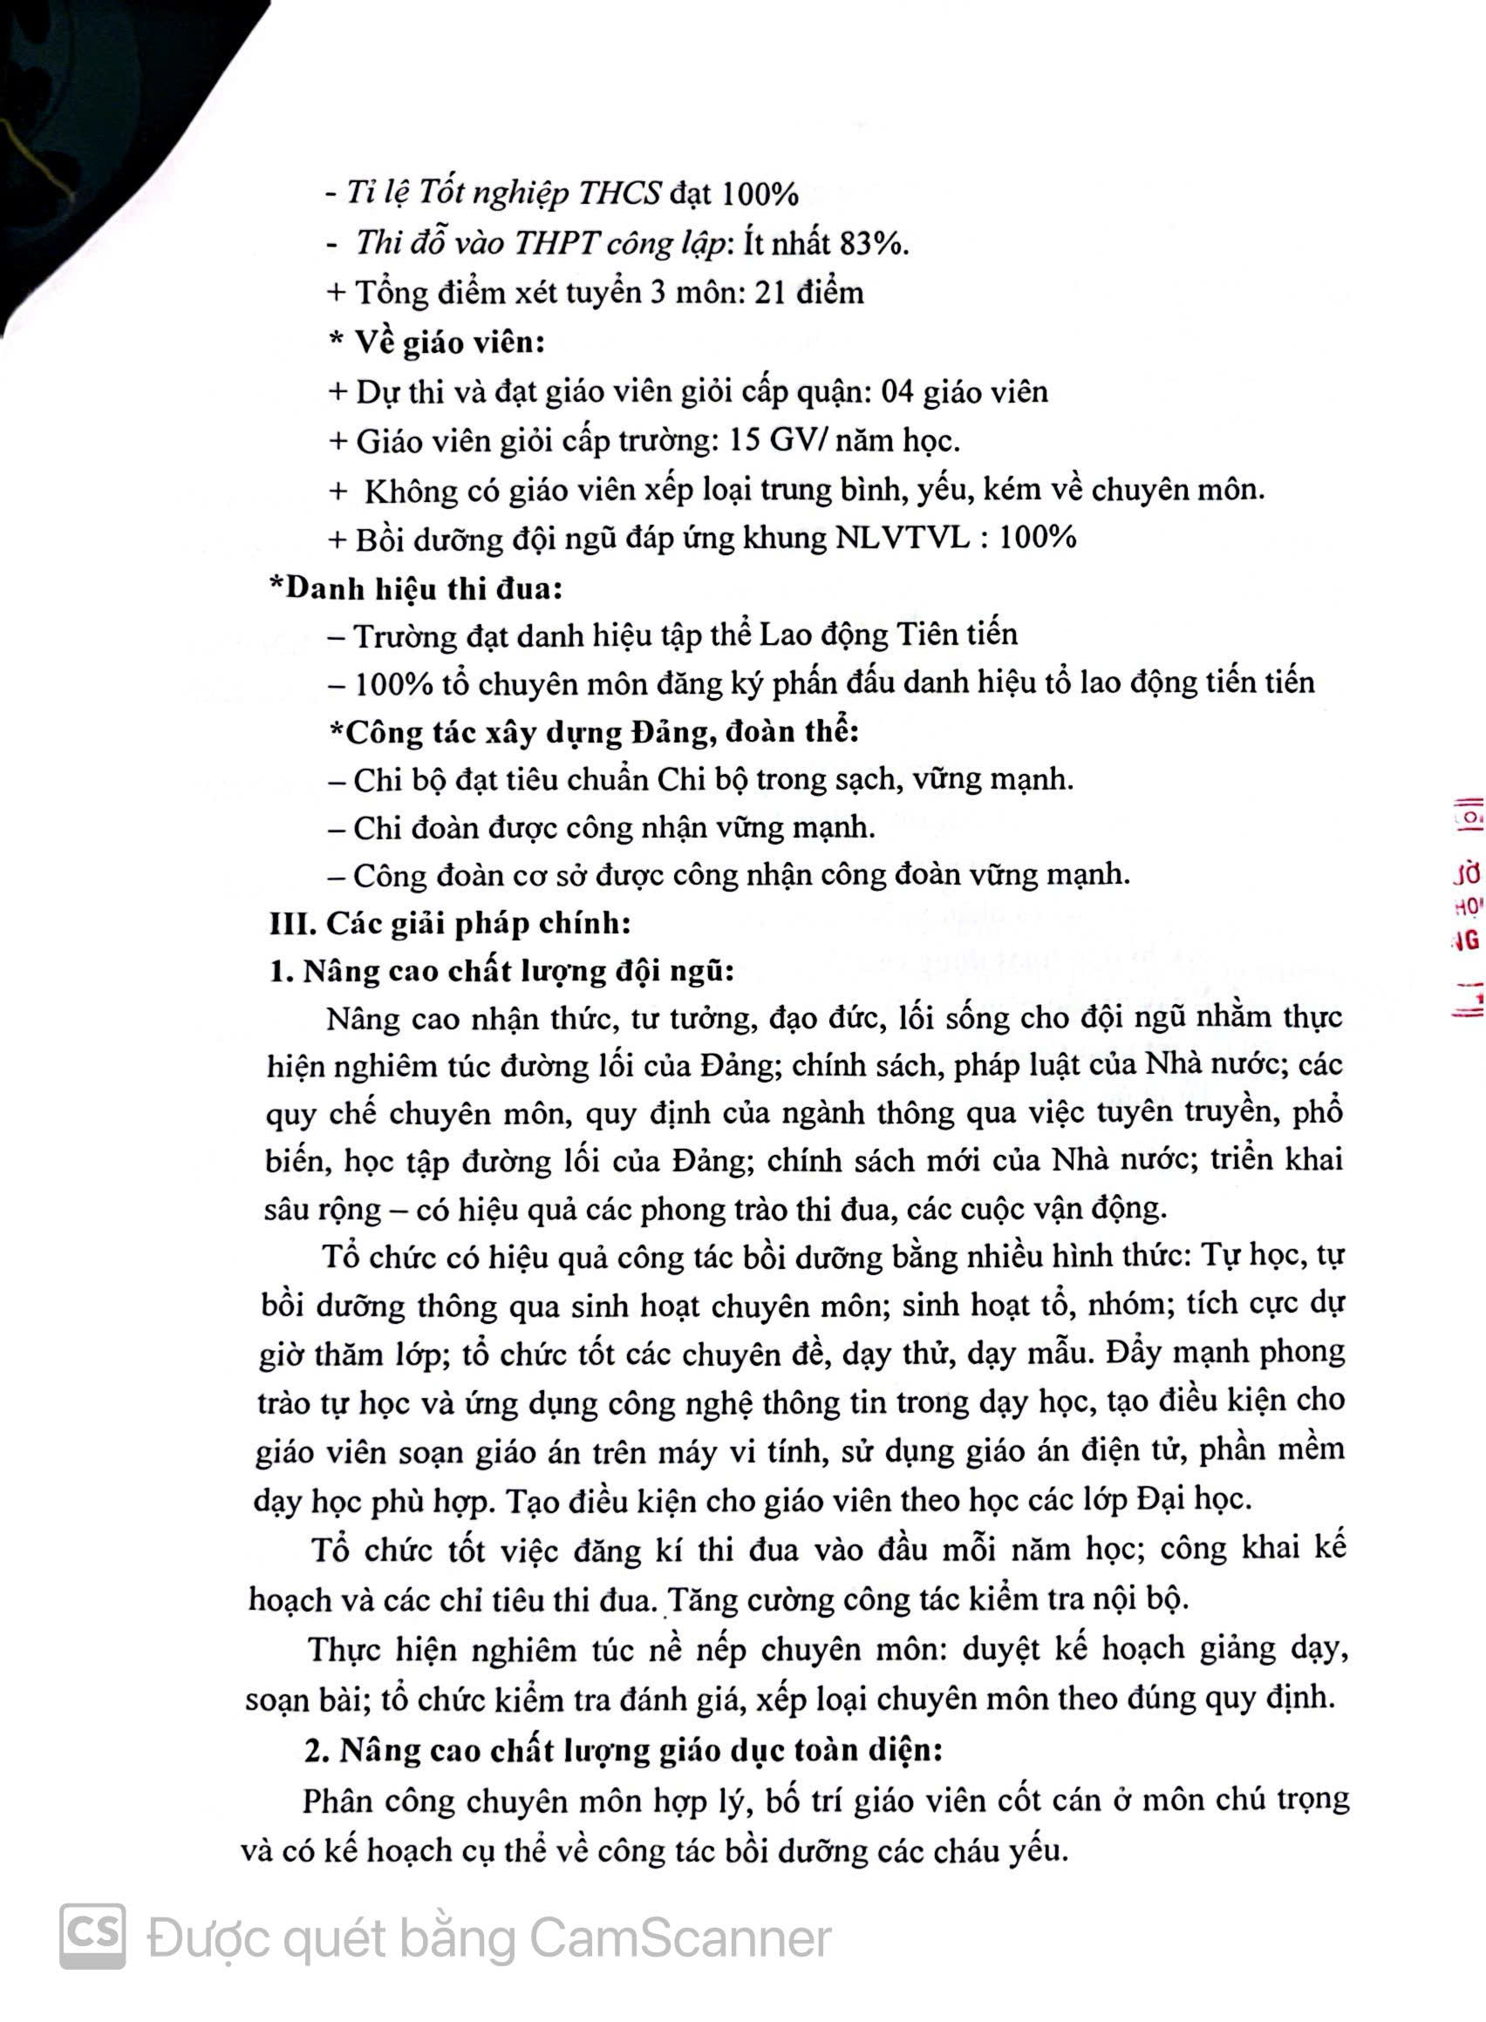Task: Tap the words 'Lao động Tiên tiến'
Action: (888, 634)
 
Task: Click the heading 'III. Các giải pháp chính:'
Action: (450, 923)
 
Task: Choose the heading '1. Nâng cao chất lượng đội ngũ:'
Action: (502, 972)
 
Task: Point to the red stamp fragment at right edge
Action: (1466, 908)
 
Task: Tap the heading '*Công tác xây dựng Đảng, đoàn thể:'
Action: (594, 732)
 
